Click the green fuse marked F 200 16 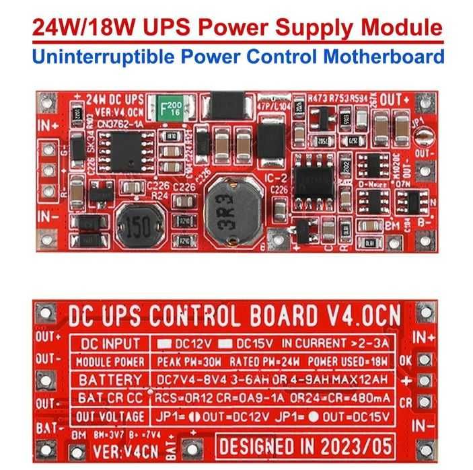point(171,108)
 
